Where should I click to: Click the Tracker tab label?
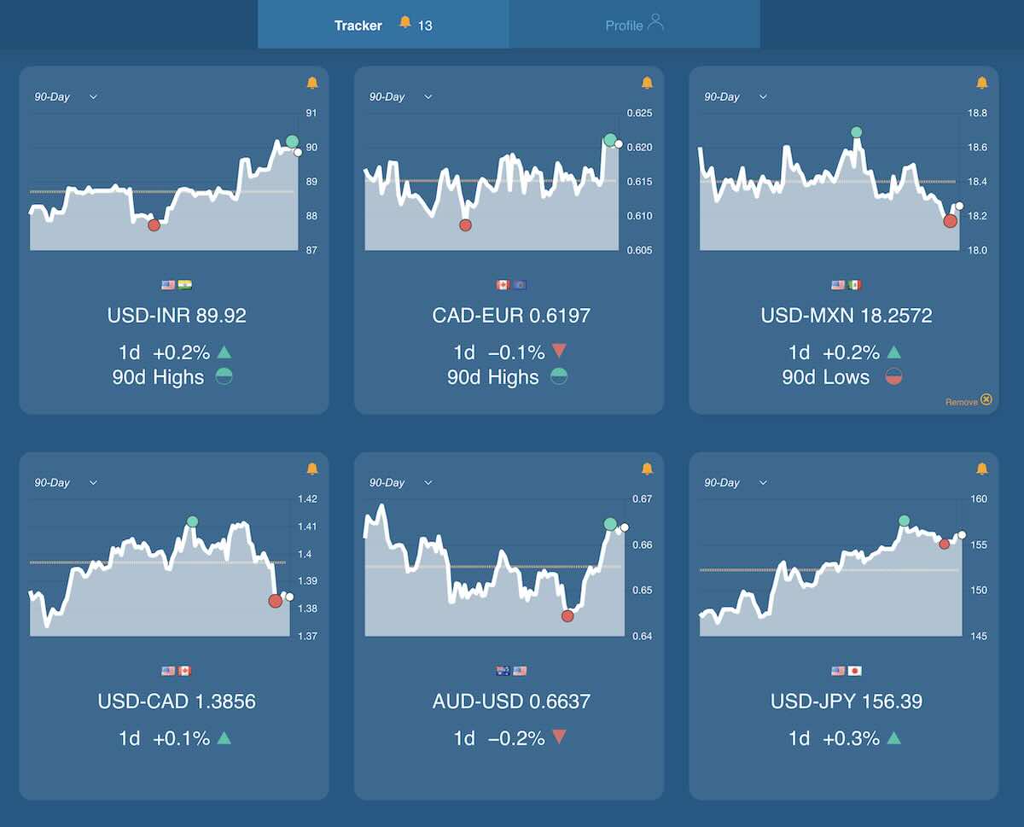358,26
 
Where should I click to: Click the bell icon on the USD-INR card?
312,83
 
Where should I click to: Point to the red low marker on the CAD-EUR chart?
465,225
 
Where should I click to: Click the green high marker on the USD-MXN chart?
856,132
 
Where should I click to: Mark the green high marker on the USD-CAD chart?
192,521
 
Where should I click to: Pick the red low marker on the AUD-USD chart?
567,616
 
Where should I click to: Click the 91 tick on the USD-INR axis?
311,114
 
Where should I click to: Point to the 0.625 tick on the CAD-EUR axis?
639,114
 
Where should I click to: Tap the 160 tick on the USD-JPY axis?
980,499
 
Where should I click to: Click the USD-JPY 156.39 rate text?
846,702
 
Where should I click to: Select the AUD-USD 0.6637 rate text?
511,702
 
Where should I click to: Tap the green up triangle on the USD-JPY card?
894,737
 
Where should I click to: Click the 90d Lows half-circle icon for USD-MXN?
893,377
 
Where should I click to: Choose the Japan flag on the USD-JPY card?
854,671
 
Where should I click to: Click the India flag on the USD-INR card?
184,285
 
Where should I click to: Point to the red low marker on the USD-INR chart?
154,225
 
